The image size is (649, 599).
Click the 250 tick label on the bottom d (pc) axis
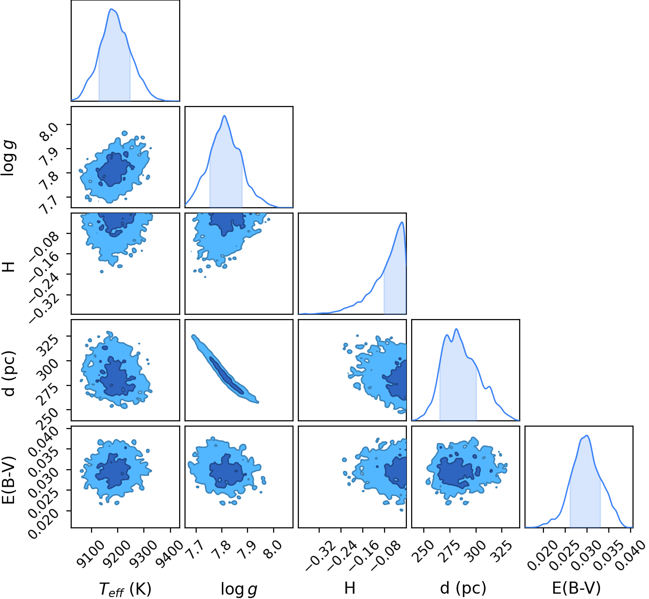pyautogui.click(x=424, y=549)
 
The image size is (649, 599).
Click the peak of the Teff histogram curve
pyautogui.click(x=111, y=9)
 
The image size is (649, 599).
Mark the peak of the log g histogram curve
pyautogui.click(x=225, y=116)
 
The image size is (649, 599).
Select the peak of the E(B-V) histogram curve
pyautogui.click(x=587, y=435)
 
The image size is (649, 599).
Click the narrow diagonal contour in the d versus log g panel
pyautogui.click(x=225, y=369)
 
